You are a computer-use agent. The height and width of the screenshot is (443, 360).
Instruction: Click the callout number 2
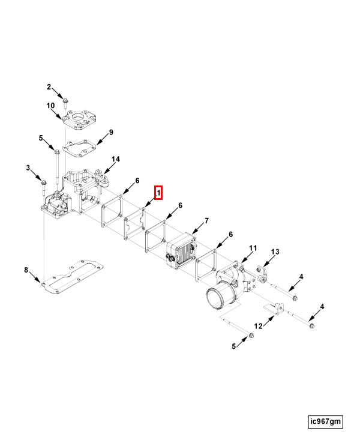point(49,86)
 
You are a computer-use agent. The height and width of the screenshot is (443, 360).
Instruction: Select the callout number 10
point(50,106)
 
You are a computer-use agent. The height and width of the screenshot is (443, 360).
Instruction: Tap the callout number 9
point(111,132)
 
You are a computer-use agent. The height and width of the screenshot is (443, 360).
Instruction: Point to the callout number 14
point(115,159)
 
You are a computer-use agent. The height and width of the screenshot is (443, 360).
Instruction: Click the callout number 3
point(28,167)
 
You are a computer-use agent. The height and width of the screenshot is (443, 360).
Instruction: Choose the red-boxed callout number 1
point(158,193)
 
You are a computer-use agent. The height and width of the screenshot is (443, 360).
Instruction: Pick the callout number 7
point(206,221)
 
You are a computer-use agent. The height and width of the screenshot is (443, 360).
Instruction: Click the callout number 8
point(26,270)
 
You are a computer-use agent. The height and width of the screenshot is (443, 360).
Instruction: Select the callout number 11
point(253,248)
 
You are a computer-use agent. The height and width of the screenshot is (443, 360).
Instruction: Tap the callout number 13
point(275,252)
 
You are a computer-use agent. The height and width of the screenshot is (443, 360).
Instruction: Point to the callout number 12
point(258,326)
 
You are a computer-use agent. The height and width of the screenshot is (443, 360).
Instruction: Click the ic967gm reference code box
point(325,421)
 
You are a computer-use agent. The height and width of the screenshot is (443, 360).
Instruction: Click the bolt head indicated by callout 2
point(65,100)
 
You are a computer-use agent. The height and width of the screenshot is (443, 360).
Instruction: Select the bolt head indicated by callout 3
point(43,182)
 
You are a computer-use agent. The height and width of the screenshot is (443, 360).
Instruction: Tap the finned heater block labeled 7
point(181,251)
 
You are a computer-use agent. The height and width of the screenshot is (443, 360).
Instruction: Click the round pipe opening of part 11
point(217,299)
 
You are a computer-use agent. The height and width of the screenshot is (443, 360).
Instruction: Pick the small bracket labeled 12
point(274,308)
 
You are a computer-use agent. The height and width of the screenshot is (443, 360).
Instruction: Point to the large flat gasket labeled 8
point(73,277)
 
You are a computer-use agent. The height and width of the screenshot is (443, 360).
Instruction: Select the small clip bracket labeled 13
point(262,274)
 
